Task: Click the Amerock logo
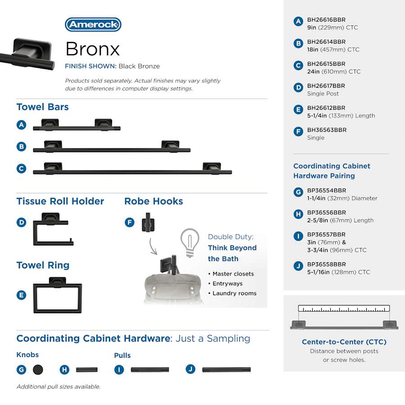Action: pyautogui.click(x=93, y=24)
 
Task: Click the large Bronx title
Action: pyautogui.click(x=93, y=49)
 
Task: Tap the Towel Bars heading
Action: pyautogui.click(x=42, y=107)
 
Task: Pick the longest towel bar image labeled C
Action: pyautogui.click(x=132, y=170)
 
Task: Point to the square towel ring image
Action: pyautogui.click(x=58, y=296)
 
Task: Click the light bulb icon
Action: pyautogui.click(x=190, y=242)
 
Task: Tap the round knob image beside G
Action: pyautogui.click(x=38, y=370)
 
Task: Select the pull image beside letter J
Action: pyautogui.click(x=226, y=370)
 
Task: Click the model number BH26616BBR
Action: pyautogui.click(x=326, y=20)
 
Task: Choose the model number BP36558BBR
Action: pyautogui.click(x=326, y=264)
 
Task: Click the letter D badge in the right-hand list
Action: pyautogui.click(x=298, y=88)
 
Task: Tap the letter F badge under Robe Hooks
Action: pyautogui.click(x=130, y=222)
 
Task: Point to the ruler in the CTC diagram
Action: pyautogui.click(x=344, y=309)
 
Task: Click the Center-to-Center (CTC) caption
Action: pyautogui.click(x=344, y=342)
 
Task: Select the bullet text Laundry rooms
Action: pyautogui.click(x=234, y=293)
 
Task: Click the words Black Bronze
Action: pyautogui.click(x=139, y=66)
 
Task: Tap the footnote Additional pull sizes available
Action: pyautogui.click(x=58, y=387)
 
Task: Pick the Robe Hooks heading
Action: pyautogui.click(x=153, y=201)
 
